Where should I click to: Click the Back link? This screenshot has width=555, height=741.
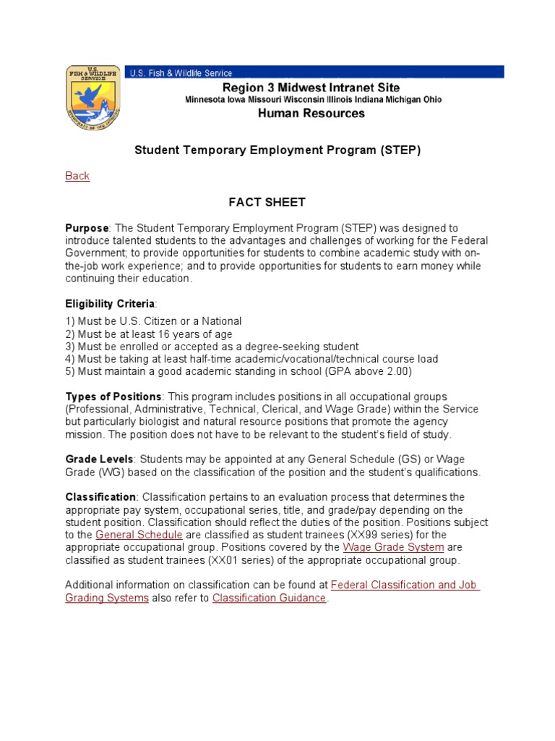point(77,176)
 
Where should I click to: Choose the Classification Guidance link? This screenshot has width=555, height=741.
point(269,598)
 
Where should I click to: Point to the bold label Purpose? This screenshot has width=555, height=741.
point(87,228)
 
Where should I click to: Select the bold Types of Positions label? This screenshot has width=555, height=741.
point(113,397)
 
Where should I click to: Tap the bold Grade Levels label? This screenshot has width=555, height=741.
point(99,459)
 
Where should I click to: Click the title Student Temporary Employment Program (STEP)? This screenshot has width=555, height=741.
point(277,150)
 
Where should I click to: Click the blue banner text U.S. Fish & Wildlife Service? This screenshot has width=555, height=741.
point(181,73)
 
